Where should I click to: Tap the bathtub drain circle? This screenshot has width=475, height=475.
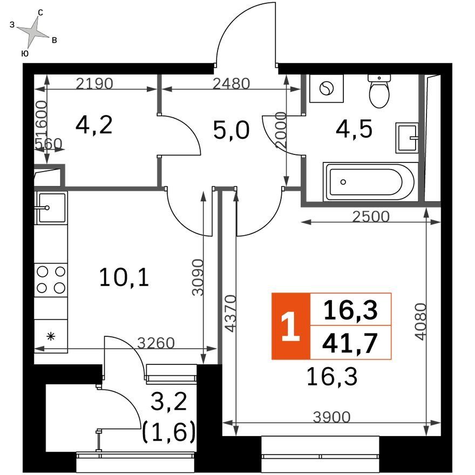(x=343, y=182)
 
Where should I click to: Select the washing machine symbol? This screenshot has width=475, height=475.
(x=327, y=89)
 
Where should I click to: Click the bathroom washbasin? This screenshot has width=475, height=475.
(x=407, y=138)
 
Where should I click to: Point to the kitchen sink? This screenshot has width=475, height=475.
(x=51, y=208)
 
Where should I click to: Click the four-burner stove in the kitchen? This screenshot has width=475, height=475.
(x=51, y=280)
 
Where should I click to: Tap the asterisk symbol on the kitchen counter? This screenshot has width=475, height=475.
(x=51, y=336)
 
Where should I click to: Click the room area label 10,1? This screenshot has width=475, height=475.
(x=124, y=278)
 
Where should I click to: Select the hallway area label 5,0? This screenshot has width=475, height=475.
(x=231, y=130)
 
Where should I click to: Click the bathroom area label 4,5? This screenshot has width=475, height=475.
(x=354, y=130)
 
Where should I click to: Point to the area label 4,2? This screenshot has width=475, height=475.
(x=94, y=125)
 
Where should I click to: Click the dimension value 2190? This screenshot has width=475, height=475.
(x=94, y=83)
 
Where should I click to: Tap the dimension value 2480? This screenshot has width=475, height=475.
(x=231, y=84)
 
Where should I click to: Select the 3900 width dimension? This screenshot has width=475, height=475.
(x=332, y=417)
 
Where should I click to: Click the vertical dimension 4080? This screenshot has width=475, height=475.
(x=421, y=322)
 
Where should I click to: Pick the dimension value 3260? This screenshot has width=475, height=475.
(x=156, y=343)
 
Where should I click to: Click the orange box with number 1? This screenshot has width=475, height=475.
(x=291, y=326)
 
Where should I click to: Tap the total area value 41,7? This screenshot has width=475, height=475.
(x=350, y=343)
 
